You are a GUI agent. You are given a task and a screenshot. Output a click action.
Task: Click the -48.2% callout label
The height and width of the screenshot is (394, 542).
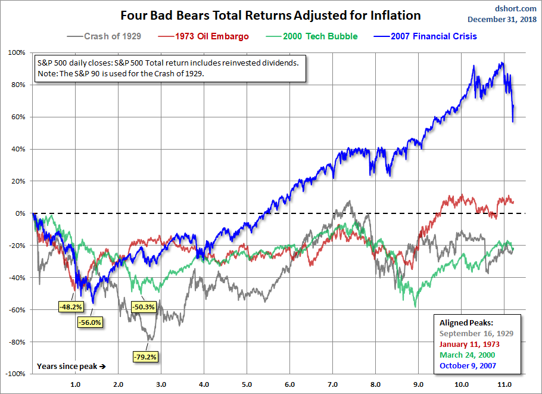pyautogui.click(x=70, y=306)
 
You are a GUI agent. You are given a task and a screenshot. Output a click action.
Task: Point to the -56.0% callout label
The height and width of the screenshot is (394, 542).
pyautogui.click(x=90, y=322)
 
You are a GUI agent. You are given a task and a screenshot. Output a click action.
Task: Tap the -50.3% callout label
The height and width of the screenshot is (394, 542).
pyautogui.click(x=144, y=306)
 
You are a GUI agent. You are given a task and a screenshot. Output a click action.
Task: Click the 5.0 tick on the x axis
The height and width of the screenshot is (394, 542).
pyautogui.click(x=247, y=384)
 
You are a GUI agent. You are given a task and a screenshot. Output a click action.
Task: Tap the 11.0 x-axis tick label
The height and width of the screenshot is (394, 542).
pyautogui.click(x=504, y=384)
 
